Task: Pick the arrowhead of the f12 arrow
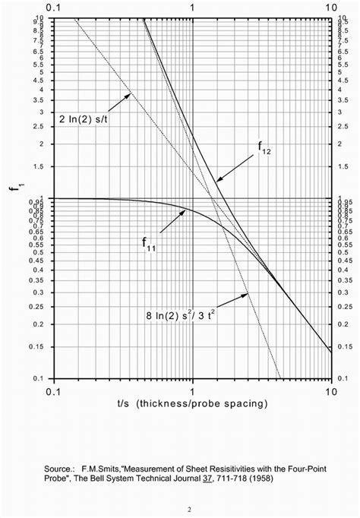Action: pyautogui.click(x=217, y=182)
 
